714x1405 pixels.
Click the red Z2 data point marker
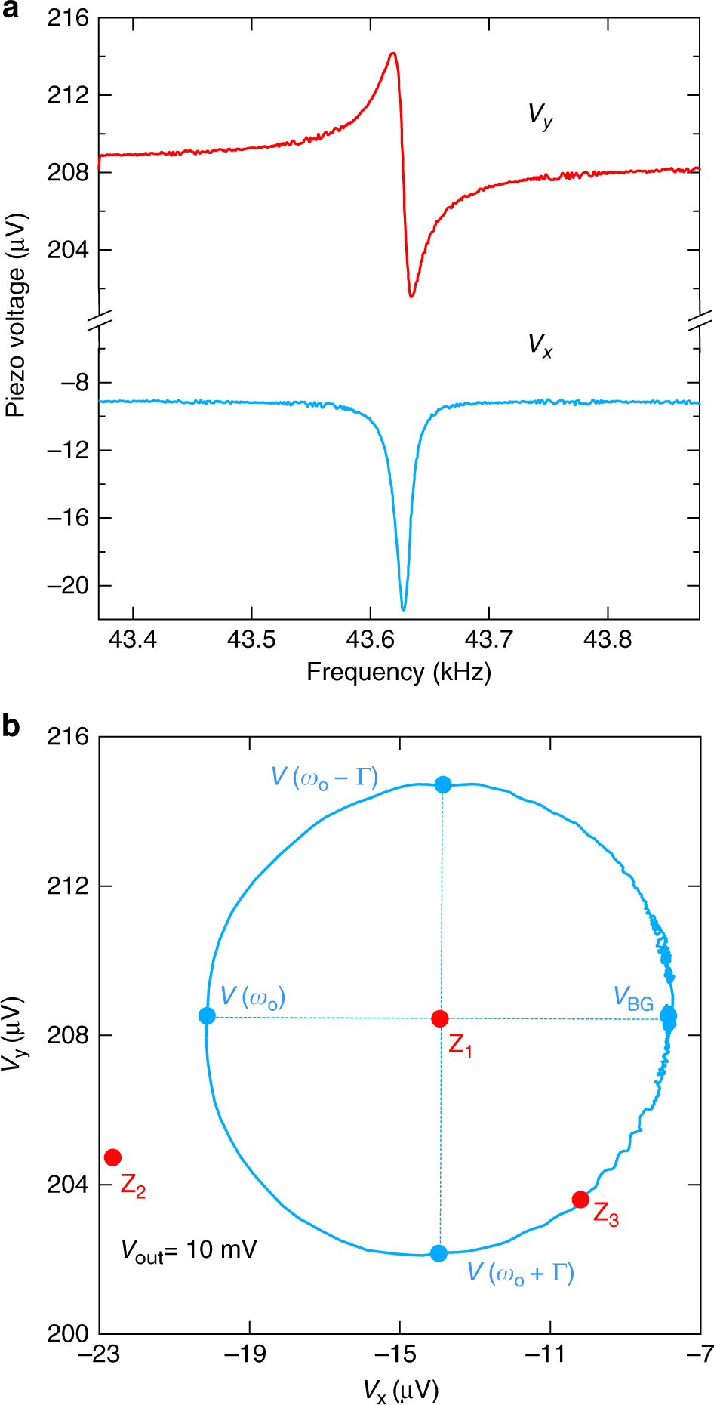coord(112,1157)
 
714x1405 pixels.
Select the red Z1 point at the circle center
coord(440,1018)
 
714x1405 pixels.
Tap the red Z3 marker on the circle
coord(580,1199)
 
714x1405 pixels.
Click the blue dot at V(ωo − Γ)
coord(443,784)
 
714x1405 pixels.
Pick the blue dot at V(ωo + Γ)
coord(439,1252)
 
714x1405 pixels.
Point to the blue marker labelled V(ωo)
coord(207,1016)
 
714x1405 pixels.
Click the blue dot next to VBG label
coord(668,1016)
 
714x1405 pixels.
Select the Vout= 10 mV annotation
coord(189,1249)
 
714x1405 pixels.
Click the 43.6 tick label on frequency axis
coord(370,640)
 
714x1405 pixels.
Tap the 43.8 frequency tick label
coord(608,640)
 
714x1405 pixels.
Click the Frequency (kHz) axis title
coord(399,672)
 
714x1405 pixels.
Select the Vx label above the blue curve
coord(540,346)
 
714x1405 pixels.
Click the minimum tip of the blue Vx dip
coord(403,609)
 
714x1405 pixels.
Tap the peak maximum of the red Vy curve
coord(392,54)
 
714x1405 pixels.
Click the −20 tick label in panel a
coord(68,586)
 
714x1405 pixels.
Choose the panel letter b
coord(11,726)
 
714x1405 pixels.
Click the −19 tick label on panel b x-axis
coord(249,1354)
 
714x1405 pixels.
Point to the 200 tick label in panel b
coord(68,1334)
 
